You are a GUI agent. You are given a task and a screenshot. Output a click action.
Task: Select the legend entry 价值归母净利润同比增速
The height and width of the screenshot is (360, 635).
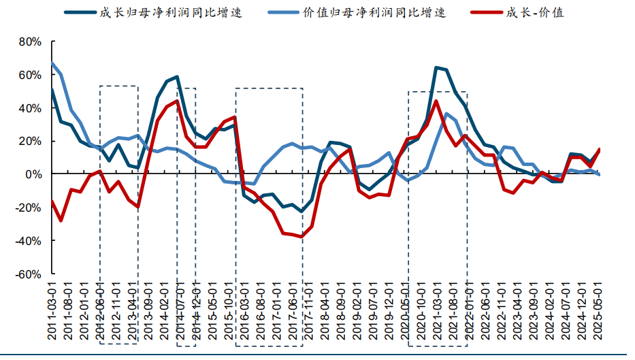374,12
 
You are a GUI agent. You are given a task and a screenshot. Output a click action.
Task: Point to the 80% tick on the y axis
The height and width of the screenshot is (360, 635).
30,42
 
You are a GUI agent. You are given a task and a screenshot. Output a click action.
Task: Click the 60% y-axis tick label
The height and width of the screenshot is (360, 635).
30,75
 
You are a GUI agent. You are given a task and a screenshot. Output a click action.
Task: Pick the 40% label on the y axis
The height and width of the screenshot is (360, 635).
30,108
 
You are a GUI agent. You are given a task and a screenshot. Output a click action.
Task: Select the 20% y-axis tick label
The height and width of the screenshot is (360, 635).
30,142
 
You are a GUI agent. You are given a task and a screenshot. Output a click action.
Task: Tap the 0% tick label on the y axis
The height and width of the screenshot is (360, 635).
33,175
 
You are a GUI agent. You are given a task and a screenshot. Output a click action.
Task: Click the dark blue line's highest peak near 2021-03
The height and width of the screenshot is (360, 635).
436,67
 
